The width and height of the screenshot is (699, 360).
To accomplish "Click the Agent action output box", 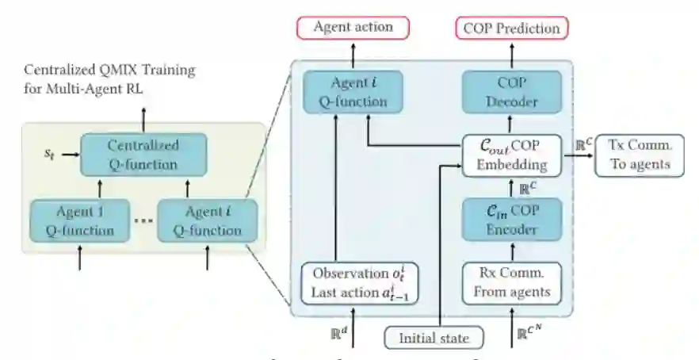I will point(353,28).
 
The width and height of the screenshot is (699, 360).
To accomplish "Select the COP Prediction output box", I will point(511,29).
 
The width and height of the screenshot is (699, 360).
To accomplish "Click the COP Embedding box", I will point(511,155).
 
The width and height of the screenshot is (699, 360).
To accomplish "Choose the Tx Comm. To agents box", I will point(638,155).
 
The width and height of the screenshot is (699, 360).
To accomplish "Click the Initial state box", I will point(434,338).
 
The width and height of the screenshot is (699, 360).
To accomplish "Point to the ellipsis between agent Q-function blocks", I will point(143,221).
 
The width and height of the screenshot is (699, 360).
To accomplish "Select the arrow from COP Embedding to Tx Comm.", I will point(578,155).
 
